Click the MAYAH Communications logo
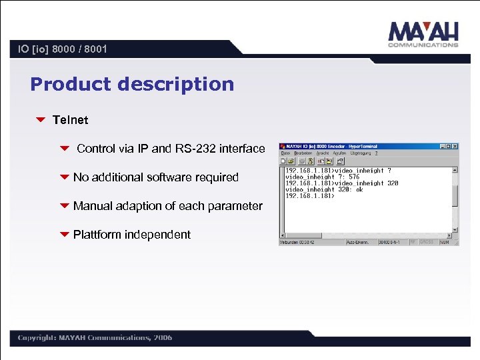pos(423,34)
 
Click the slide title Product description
pos(132,85)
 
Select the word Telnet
pos(70,120)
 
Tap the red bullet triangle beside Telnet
pos(40,120)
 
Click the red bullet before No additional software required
pos(65,177)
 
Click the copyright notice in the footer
pos(95,338)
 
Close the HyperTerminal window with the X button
pos(455,146)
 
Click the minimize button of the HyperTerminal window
pos(443,146)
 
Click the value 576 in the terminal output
pos(354,177)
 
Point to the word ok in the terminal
pos(359,189)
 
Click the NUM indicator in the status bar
pos(445,243)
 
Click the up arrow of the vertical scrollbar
pos(455,170)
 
